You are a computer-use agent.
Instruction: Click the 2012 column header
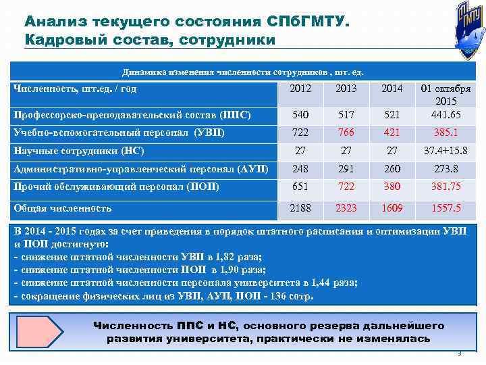point(300,88)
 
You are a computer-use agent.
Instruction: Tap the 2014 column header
point(391,88)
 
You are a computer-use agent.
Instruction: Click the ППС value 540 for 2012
point(300,114)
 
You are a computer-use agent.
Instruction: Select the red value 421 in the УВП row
point(391,132)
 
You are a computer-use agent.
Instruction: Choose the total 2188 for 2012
point(300,208)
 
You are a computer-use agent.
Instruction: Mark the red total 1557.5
point(446,208)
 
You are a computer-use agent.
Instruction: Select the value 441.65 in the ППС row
point(446,114)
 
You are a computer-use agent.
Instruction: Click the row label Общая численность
point(63,208)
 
